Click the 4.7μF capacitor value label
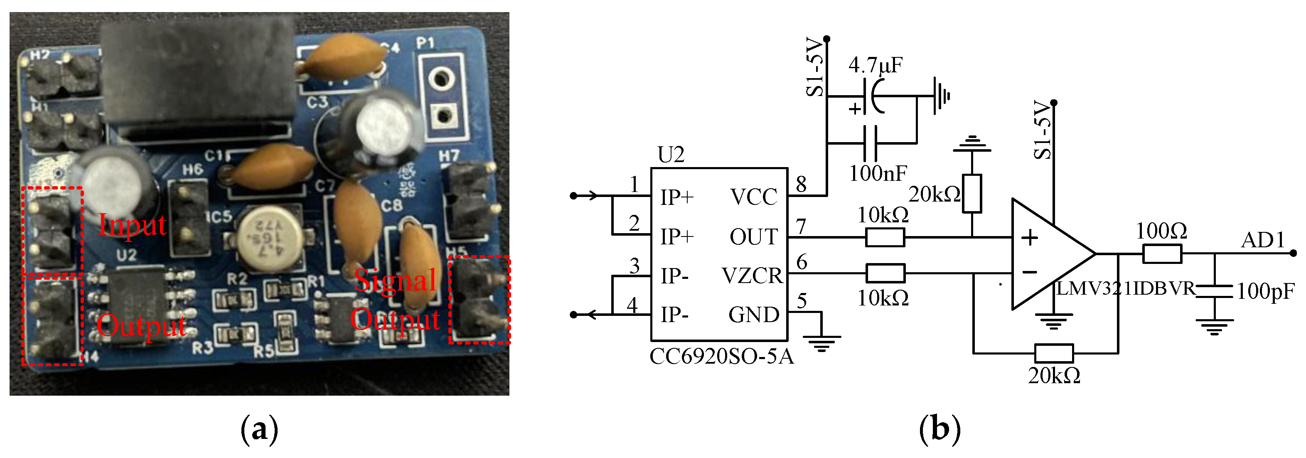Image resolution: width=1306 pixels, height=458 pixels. [876, 65]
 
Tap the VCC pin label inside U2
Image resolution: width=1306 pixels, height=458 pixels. [753, 197]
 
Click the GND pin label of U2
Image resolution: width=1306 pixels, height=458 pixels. [753, 315]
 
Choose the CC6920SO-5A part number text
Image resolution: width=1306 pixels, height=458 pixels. [721, 357]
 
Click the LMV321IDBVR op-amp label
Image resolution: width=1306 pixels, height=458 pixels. [1126, 288]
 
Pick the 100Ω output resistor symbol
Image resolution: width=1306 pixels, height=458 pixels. [1162, 254]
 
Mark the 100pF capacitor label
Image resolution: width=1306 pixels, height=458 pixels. [1265, 291]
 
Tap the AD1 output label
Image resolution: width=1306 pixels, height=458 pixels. [1262, 240]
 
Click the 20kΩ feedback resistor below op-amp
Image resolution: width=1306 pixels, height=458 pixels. [1054, 353]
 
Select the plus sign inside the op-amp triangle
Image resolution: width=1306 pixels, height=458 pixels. [1029, 237]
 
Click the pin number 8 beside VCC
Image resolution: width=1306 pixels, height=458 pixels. [801, 184]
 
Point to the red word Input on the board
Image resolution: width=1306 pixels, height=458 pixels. [132, 225]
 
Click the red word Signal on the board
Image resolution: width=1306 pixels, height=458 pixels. [395, 280]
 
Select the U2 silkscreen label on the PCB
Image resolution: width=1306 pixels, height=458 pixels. [126, 255]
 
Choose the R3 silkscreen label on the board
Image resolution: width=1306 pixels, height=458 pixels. [202, 348]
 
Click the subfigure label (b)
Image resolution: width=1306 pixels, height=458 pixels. [940, 429]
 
